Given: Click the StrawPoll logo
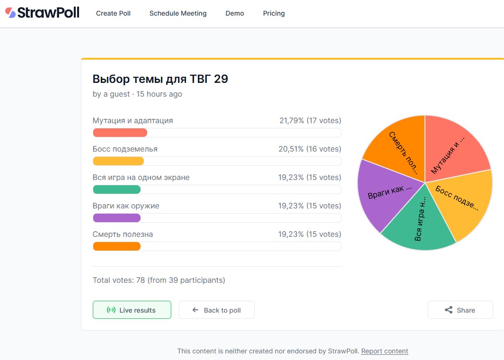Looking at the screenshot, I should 42,13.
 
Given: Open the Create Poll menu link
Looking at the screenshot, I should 113,13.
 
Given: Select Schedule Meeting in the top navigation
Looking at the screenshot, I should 178,13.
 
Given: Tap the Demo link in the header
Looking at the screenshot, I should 235,13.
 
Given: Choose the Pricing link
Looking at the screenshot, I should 274,13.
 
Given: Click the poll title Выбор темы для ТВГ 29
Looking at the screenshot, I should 160,79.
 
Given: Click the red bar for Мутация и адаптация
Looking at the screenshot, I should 120,133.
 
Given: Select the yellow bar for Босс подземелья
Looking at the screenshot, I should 118,161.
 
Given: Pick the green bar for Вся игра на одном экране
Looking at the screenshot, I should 117,189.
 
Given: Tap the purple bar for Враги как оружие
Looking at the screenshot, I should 117,218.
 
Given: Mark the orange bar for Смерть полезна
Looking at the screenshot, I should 117,246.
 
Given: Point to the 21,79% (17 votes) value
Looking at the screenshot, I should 310,120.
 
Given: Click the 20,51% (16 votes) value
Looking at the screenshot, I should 309,149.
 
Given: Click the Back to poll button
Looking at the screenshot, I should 217,310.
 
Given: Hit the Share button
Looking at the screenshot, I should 460,310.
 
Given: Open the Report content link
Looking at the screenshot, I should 384,351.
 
